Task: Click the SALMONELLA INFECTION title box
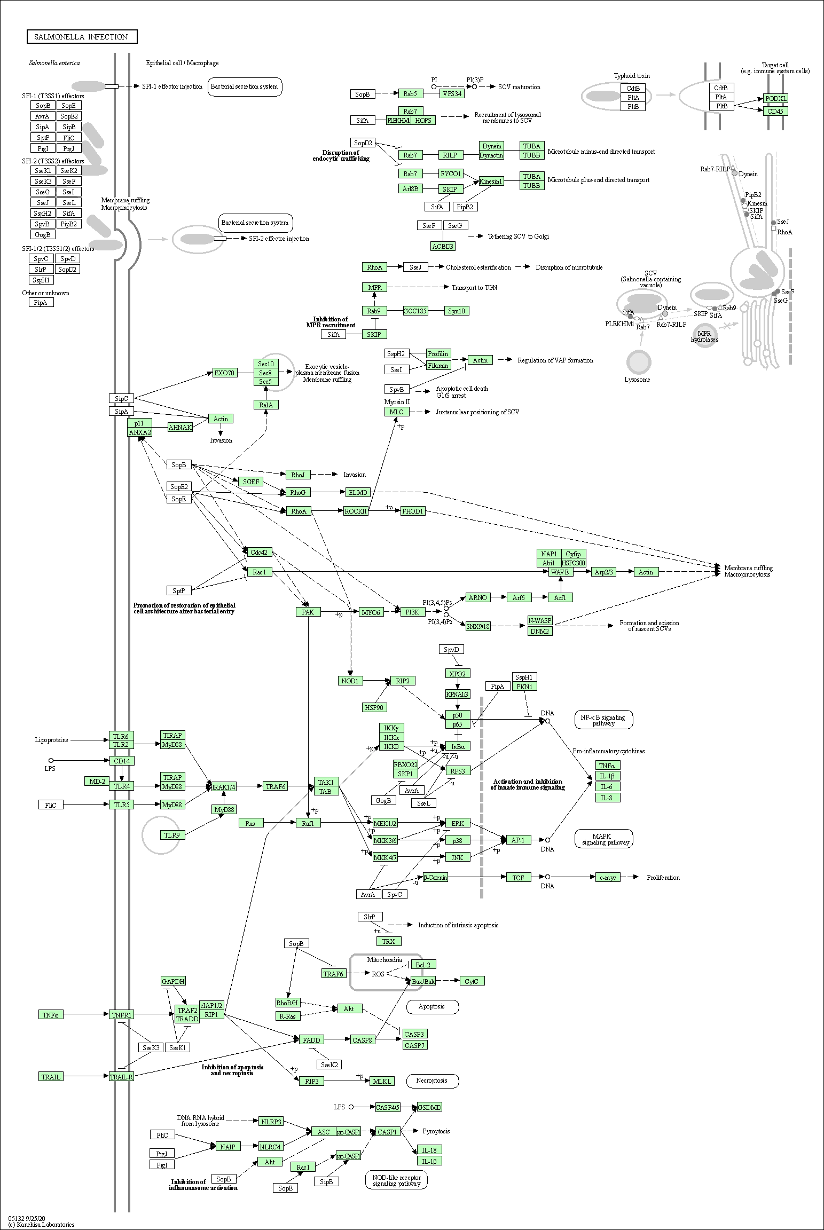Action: pos(82,37)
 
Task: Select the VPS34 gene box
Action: pos(452,94)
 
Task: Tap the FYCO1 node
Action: pos(451,174)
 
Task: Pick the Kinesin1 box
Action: pos(491,182)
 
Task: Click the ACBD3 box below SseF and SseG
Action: pos(443,246)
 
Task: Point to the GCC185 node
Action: pos(415,311)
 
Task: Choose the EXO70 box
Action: pos(224,373)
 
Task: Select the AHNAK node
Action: pos(180,427)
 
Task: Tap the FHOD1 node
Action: pos(413,511)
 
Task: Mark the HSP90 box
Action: pos(374,707)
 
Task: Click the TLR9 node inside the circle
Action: pos(172,835)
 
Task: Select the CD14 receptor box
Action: pos(122,761)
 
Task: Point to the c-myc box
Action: pos(608,877)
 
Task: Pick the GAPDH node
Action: pos(173,981)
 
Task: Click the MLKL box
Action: pos(382,1081)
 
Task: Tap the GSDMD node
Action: pos(429,1107)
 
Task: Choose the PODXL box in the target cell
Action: pos(775,98)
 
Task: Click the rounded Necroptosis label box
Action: pos(432,1081)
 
